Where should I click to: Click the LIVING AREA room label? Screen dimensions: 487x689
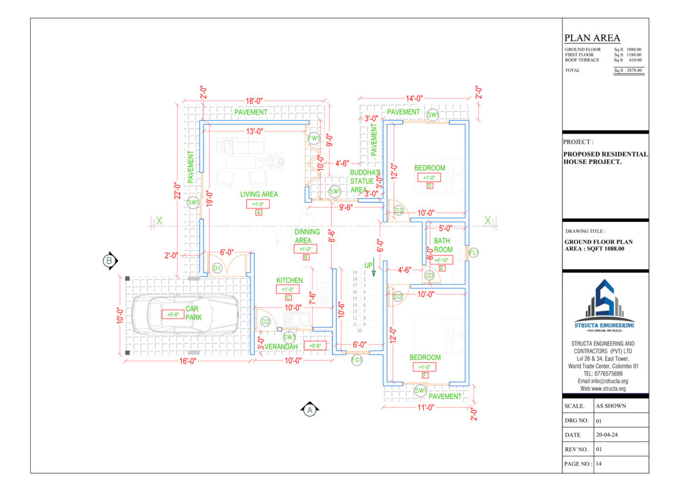click(x=259, y=194)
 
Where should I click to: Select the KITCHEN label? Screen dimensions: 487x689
click(x=290, y=280)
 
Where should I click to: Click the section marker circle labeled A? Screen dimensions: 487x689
click(x=310, y=410)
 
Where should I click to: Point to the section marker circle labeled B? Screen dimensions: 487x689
click(x=110, y=261)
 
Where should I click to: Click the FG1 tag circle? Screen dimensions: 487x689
click(x=357, y=360)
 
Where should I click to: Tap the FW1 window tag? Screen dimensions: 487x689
click(x=314, y=138)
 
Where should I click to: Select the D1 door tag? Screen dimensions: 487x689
click(x=217, y=267)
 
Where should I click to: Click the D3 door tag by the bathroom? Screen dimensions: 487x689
click(x=430, y=276)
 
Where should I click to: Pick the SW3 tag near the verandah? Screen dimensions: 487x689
click(x=289, y=337)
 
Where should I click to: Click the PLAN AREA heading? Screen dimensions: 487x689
click(x=592, y=38)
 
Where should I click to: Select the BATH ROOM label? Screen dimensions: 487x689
click(x=443, y=245)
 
